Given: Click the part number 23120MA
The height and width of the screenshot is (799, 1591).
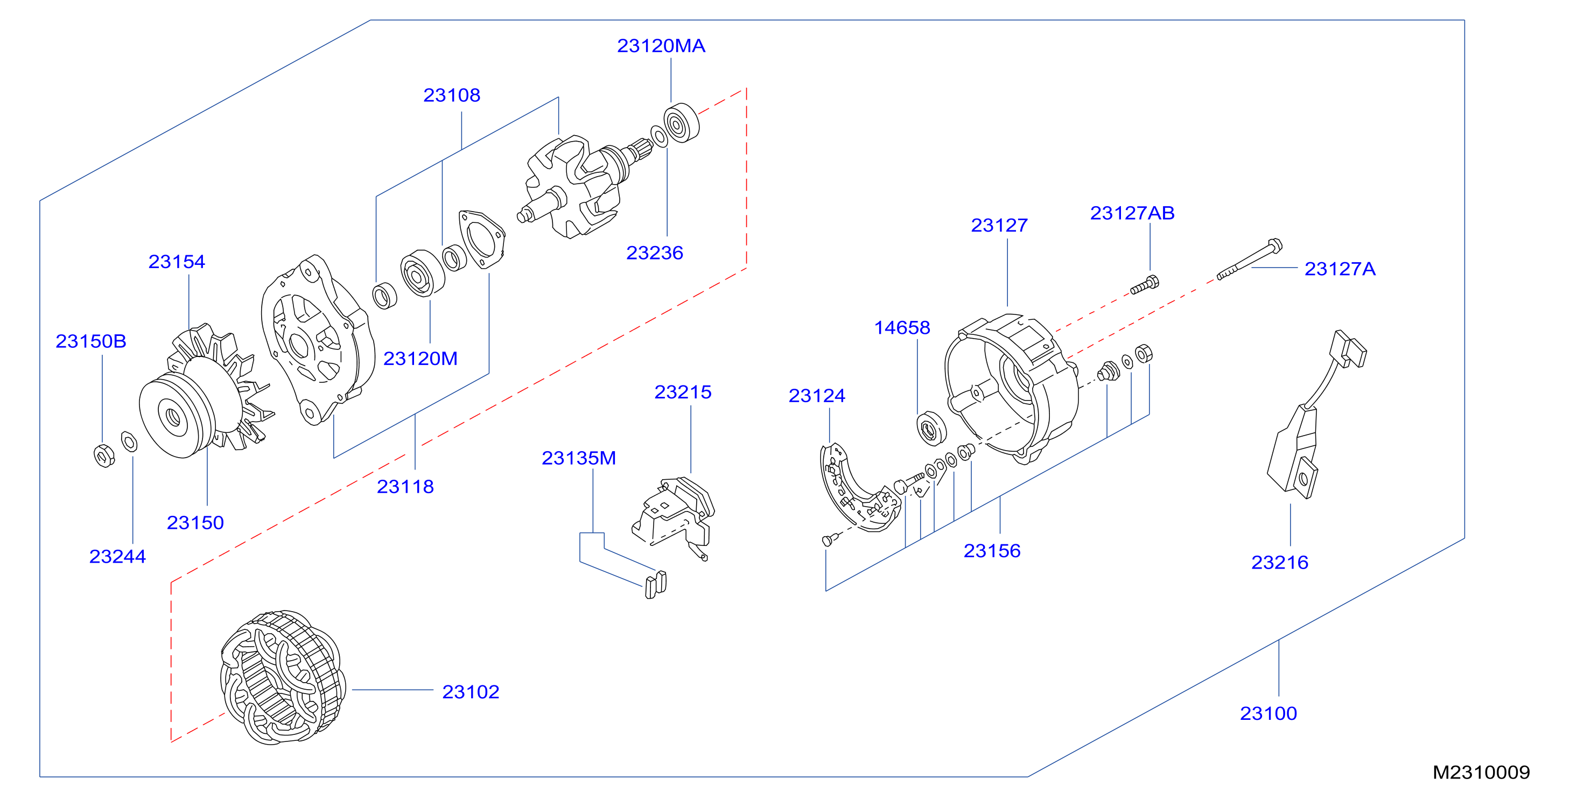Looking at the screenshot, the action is pyautogui.click(x=661, y=46).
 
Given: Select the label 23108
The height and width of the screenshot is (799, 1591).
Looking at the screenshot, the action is pyautogui.click(x=452, y=95).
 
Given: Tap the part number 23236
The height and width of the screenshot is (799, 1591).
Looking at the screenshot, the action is pyautogui.click(x=655, y=253).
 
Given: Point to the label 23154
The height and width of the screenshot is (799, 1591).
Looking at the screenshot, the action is pyautogui.click(x=177, y=261).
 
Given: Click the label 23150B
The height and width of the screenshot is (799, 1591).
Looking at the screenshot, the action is pyautogui.click(x=91, y=341).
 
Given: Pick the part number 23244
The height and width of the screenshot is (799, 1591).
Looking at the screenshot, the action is pyautogui.click(x=117, y=556).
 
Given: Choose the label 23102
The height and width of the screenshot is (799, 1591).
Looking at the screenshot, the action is pyautogui.click(x=471, y=691).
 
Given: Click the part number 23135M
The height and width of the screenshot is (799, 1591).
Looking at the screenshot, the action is pyautogui.click(x=579, y=458).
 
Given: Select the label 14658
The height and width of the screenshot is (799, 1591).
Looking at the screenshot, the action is pyautogui.click(x=902, y=327).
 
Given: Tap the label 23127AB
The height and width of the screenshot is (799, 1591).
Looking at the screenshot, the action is pyautogui.click(x=1132, y=213).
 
